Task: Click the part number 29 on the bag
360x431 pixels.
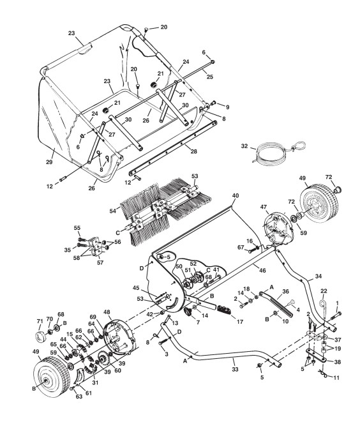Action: pos(49,162)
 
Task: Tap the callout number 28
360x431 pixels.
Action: pos(194,151)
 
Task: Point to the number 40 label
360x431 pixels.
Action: pos(236,196)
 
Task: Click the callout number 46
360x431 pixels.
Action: pos(262,271)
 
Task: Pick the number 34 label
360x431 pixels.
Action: pos(319,276)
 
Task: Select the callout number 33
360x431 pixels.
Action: pos(235,370)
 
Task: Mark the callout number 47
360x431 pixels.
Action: pos(264,206)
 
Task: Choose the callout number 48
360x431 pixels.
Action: pos(107,312)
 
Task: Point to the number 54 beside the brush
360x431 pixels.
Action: pos(113,211)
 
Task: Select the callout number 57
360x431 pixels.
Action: pos(100,262)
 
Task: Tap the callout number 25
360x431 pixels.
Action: pos(209,77)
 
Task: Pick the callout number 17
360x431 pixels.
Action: pos(240,321)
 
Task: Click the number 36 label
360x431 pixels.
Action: pos(285,292)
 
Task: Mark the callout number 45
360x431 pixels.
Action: pos(136,288)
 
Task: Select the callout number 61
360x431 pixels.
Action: pos(88,393)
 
